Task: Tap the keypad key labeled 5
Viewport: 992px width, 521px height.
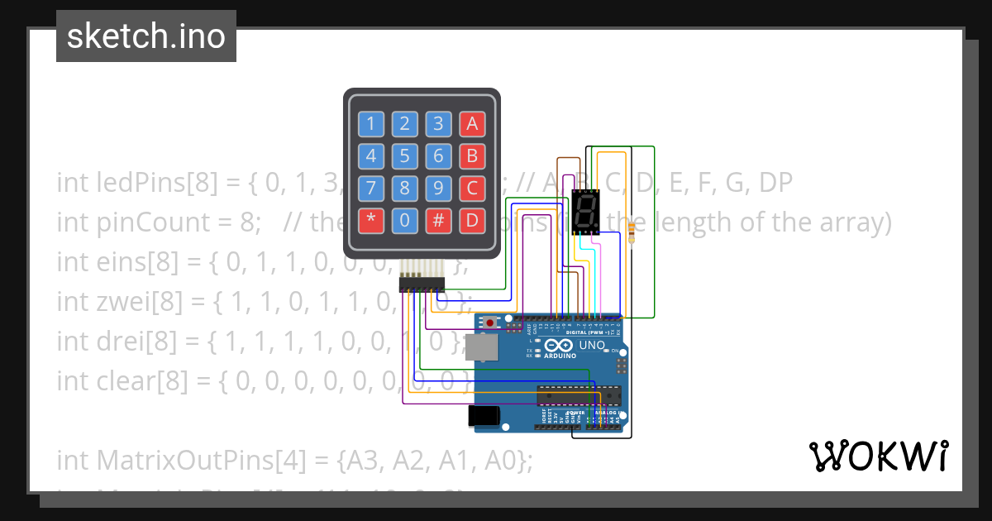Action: tap(404, 156)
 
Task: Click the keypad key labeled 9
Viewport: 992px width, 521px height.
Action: tap(438, 188)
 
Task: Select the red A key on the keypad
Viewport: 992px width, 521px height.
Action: tap(472, 125)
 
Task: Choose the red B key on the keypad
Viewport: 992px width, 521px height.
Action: tap(472, 156)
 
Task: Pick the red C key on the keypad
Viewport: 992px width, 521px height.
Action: tap(472, 188)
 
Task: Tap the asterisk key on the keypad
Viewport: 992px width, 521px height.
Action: tap(370, 220)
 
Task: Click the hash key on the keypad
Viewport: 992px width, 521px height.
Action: tap(438, 220)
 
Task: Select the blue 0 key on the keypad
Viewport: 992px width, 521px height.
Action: tap(404, 220)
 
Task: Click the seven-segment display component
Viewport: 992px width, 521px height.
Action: tap(585, 212)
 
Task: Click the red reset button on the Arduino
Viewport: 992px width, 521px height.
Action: tap(490, 322)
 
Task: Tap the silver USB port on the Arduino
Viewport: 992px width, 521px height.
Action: tap(480, 347)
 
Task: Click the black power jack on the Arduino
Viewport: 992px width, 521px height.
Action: tap(484, 415)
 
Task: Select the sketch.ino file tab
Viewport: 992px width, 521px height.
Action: tap(146, 36)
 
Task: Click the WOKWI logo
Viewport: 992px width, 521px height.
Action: tap(878, 456)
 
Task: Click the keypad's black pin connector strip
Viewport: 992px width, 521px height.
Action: tap(422, 284)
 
